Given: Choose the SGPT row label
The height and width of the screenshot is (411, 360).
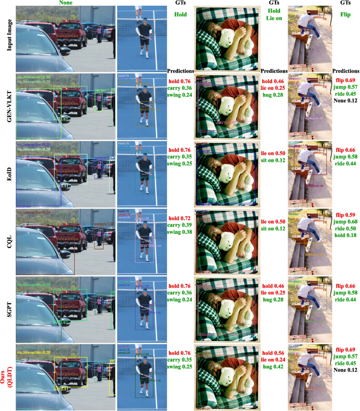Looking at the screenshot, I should (8, 311).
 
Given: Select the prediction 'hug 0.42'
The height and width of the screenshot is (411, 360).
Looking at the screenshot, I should (274, 367).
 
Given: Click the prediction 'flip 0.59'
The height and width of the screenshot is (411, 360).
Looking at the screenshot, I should (345, 214).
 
